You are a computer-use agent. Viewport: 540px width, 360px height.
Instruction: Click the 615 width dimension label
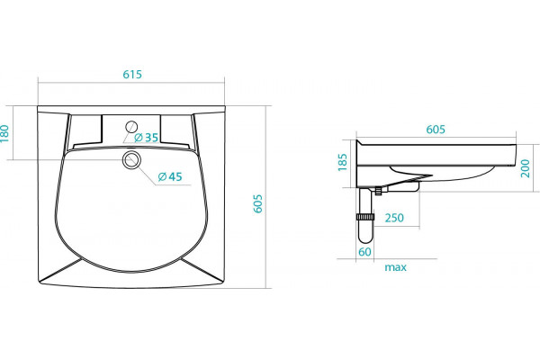tap(132, 75)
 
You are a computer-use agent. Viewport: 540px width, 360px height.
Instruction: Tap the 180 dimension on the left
tap(4, 133)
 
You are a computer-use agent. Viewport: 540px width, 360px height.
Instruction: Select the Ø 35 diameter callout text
tap(147, 138)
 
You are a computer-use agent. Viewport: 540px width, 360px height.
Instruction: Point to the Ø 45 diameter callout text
tap(170, 176)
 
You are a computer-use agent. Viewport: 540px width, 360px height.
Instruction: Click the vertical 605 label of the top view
tap(258, 203)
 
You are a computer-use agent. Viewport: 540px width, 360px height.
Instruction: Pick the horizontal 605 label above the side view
tap(436, 130)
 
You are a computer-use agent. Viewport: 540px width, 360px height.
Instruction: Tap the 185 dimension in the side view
tap(343, 162)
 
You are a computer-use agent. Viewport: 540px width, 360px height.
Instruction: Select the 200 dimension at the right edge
tap(526, 168)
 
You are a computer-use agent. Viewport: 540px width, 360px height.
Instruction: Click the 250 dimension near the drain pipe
tap(394, 218)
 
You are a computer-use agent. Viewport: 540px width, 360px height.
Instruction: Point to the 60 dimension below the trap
tap(365, 252)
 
